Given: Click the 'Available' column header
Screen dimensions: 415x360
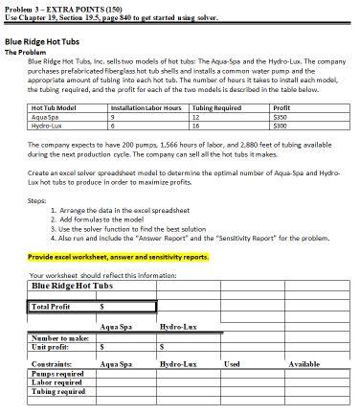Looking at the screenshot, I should (x=304, y=365).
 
